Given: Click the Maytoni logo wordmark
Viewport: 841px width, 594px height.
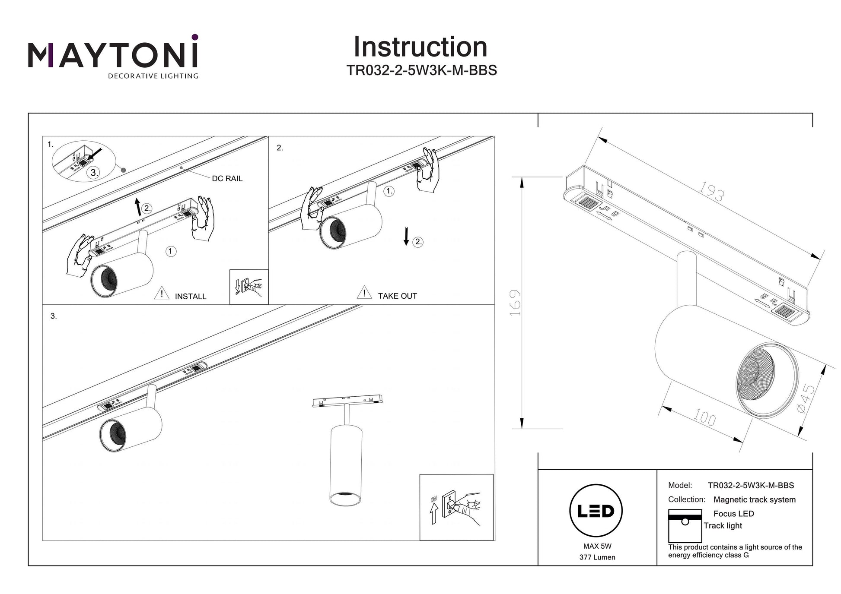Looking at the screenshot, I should tap(113, 55).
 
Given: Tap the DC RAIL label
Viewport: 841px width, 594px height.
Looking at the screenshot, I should tap(227, 178).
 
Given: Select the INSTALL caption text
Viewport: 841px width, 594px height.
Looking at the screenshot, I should tap(191, 297).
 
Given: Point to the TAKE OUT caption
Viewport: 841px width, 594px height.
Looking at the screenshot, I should tap(397, 296).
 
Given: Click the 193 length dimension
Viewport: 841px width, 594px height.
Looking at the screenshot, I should tap(711, 191).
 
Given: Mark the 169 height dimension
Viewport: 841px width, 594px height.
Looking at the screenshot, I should tap(516, 303).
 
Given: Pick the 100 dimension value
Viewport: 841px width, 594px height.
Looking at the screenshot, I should tap(704, 418).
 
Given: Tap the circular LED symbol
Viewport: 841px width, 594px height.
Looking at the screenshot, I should tap(596, 511).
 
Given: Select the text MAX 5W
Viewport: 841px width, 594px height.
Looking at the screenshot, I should tap(597, 546).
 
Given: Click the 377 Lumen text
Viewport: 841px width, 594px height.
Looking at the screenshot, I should tap(597, 557).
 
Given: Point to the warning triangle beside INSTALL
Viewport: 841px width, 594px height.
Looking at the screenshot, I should tap(162, 293).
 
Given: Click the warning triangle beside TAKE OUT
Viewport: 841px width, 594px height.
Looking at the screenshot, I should tap(364, 293).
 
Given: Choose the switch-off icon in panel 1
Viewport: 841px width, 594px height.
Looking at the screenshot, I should tap(249, 287).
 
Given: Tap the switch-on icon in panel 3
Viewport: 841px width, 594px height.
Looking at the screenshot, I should tap(456, 507).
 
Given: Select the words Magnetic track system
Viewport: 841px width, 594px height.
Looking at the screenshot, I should tap(754, 499).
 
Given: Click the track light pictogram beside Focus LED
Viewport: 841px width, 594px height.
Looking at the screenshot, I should tap(685, 526).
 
